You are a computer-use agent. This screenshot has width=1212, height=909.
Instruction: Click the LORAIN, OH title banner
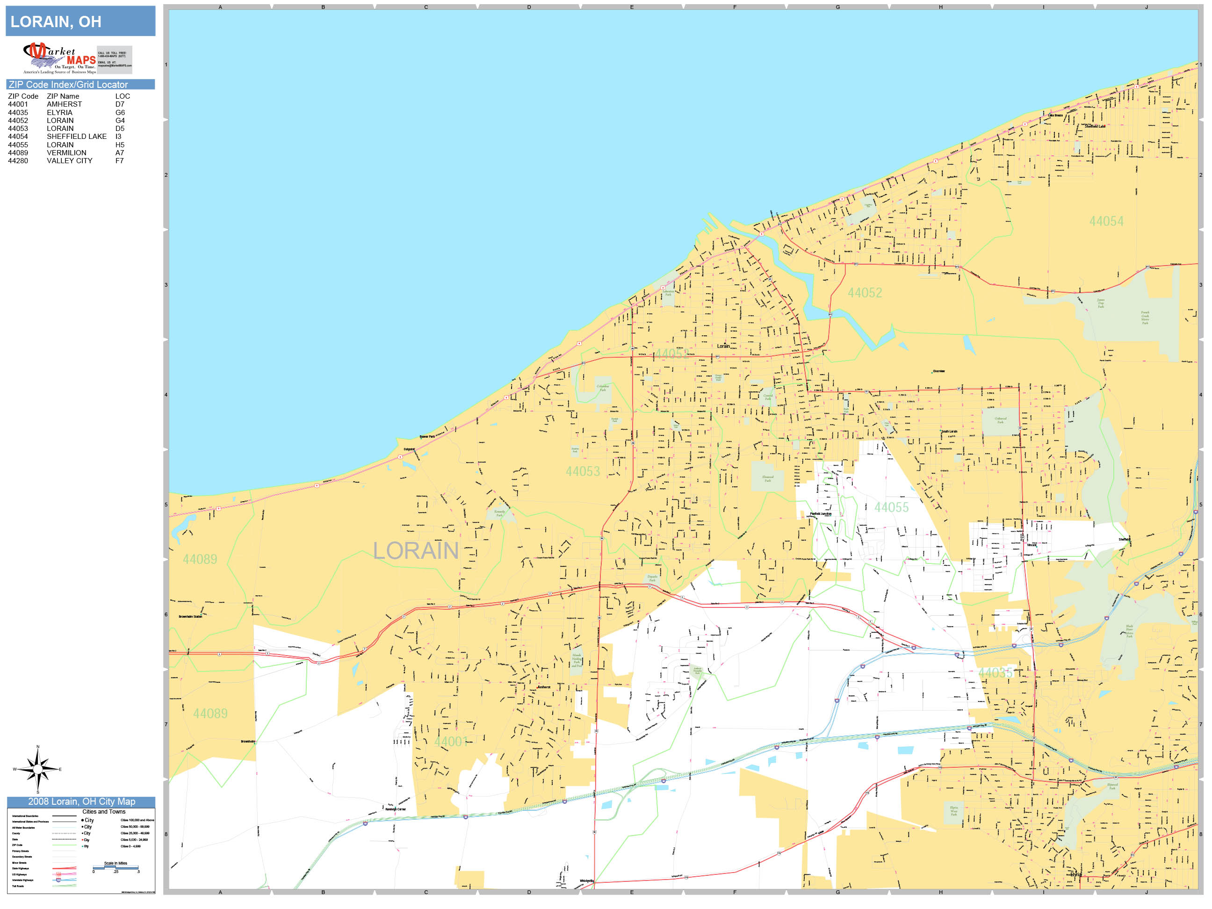(80, 22)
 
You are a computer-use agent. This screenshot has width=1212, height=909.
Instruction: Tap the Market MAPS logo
(59, 58)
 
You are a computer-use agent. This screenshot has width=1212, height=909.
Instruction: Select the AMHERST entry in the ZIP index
(64, 104)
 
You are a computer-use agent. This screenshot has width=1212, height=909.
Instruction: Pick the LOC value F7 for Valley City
(119, 160)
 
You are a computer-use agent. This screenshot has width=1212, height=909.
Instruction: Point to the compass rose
(37, 769)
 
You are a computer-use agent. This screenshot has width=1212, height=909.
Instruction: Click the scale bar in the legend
(115, 868)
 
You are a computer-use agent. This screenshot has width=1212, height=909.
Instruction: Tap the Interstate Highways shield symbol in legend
(58, 880)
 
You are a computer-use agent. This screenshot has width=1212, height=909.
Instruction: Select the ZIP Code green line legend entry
(64, 845)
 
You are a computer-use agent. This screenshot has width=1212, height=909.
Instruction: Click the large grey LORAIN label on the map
(415, 551)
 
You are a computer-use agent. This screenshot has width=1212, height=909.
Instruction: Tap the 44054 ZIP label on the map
(1106, 221)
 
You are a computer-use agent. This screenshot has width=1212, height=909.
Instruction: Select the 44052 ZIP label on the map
(865, 293)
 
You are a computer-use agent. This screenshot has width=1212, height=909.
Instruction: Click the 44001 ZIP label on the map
(451, 741)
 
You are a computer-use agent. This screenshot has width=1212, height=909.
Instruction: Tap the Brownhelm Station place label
(190, 616)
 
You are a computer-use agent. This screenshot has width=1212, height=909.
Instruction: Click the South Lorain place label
(949, 432)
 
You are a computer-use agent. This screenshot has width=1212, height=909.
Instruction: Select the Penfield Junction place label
(820, 514)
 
